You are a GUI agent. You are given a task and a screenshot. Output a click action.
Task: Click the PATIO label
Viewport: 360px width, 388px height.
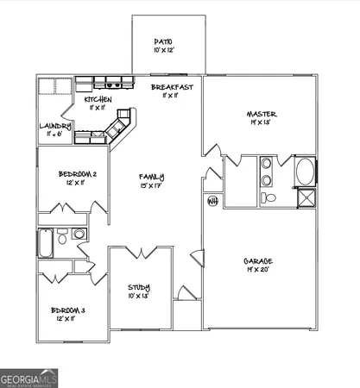point(164,41)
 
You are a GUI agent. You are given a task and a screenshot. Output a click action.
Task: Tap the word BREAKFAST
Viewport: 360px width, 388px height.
point(172,88)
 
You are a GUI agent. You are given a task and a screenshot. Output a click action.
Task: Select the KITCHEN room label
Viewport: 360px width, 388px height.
point(98,100)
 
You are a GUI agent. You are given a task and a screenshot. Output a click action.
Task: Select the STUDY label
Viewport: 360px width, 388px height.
point(140,288)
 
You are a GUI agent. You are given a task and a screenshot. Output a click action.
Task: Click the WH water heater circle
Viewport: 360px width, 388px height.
point(212,202)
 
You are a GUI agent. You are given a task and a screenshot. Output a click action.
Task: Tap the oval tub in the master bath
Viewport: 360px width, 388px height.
point(305,171)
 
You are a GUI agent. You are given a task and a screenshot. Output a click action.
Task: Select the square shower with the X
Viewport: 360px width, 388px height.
point(305,200)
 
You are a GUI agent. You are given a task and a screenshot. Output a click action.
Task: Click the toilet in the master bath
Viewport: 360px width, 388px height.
point(268,198)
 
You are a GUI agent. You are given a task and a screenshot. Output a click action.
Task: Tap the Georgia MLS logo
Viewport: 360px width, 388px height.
point(28,378)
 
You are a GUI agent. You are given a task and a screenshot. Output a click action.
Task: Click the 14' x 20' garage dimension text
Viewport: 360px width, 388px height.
point(261,269)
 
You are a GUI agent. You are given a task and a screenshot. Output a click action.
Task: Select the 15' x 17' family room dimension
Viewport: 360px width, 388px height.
point(151,186)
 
